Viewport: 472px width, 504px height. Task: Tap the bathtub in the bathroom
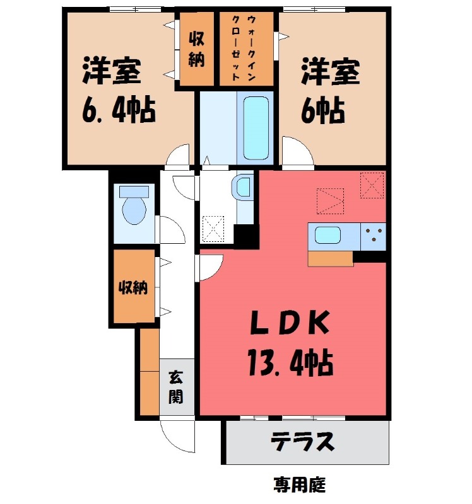point(256,127)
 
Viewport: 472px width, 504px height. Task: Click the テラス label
point(302,443)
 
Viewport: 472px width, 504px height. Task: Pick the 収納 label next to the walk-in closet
point(196,49)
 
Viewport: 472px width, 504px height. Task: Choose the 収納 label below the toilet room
point(133,288)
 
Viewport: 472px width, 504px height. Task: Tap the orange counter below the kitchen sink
point(331,258)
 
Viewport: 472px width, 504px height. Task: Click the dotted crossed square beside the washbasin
point(213,229)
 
